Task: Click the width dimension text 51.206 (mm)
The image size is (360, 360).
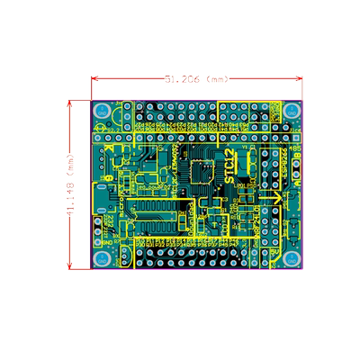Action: tap(199, 79)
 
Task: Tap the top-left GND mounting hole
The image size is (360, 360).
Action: tap(104, 111)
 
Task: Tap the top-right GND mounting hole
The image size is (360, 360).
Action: tap(292, 111)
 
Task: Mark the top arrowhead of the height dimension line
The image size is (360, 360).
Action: tap(72, 103)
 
